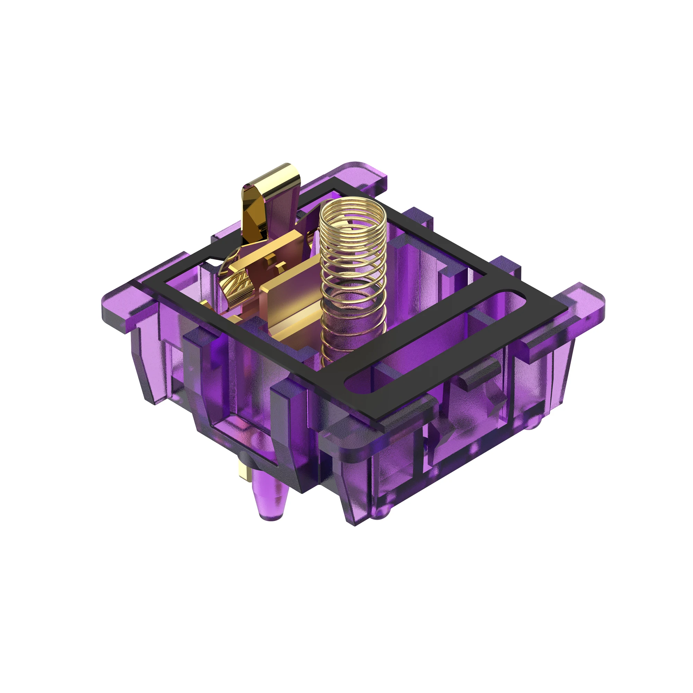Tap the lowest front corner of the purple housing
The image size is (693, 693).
point(355,524)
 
